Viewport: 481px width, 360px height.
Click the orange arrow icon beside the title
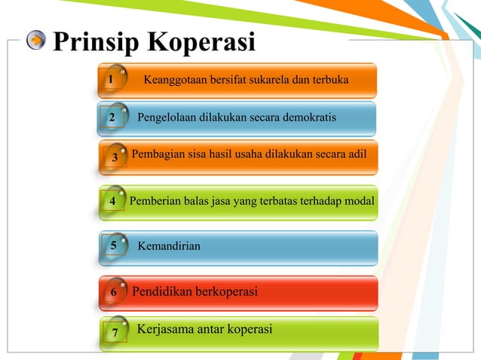[x=36, y=41]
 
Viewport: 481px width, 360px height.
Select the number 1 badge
[x=111, y=79]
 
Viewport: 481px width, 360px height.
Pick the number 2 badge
[x=112, y=118]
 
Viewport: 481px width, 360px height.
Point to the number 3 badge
[x=114, y=157]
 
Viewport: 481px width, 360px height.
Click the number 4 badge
[x=112, y=201]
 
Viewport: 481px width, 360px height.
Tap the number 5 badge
[x=113, y=245]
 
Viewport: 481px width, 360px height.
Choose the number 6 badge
[x=113, y=291]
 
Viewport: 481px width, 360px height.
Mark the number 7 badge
[x=115, y=332]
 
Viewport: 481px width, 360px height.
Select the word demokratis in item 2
[x=304, y=117]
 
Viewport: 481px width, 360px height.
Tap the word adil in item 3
[x=356, y=154]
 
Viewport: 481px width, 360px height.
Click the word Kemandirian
[x=169, y=246]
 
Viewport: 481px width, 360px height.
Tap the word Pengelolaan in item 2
[x=170, y=117]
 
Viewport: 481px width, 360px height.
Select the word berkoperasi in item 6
[x=226, y=291]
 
